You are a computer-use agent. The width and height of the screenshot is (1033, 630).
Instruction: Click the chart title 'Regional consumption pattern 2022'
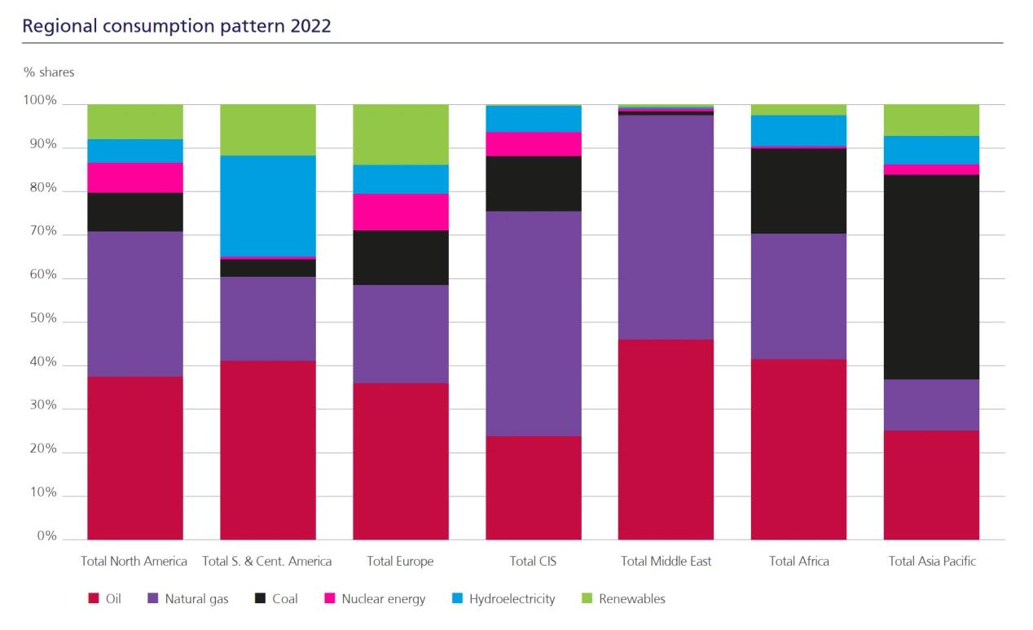pyautogui.click(x=177, y=25)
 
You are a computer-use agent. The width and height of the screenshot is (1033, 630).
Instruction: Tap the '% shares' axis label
pyautogui.click(x=49, y=72)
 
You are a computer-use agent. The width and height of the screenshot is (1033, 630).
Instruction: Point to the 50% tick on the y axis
pyautogui.click(x=40, y=318)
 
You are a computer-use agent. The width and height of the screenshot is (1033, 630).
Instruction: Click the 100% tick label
pyautogui.click(x=40, y=101)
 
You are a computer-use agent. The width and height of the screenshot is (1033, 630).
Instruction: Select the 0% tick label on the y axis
pyautogui.click(x=46, y=536)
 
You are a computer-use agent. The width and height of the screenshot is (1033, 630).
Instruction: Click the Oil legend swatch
pyautogui.click(x=93, y=599)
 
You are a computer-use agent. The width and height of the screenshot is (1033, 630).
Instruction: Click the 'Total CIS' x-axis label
pyautogui.click(x=533, y=561)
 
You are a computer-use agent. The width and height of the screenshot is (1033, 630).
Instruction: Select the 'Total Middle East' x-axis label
pyautogui.click(x=666, y=561)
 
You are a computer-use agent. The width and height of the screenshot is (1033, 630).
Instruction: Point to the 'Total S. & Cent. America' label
pyautogui.click(x=266, y=561)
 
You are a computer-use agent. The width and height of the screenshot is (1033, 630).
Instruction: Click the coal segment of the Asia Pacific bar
pyautogui.click(x=931, y=277)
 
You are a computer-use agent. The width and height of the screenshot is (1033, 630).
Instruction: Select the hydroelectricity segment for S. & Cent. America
pyautogui.click(x=268, y=206)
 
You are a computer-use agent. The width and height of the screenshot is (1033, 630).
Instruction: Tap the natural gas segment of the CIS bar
pyautogui.click(x=534, y=324)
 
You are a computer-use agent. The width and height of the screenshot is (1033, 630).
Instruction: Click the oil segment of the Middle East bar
pyautogui.click(x=666, y=440)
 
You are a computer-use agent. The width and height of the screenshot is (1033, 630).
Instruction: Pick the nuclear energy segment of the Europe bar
pyautogui.click(x=400, y=212)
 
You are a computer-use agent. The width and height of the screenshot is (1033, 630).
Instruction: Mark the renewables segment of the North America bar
pyautogui.click(x=135, y=121)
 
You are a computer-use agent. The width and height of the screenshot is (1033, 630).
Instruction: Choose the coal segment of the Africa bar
pyautogui.click(x=798, y=191)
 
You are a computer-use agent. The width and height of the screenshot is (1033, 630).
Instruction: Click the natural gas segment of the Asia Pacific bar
pyautogui.click(x=931, y=405)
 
